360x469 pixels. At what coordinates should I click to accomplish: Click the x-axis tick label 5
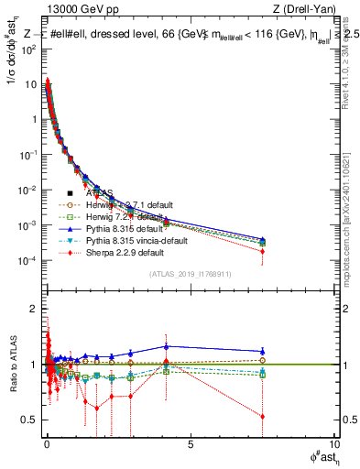click(x=190, y=444)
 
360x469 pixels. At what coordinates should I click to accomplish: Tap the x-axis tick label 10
click(x=333, y=444)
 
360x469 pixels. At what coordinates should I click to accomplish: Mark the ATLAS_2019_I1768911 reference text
click(x=190, y=274)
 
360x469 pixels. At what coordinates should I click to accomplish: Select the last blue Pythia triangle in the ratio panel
click(x=263, y=351)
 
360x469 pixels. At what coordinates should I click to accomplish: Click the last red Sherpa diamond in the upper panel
click(x=263, y=251)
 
